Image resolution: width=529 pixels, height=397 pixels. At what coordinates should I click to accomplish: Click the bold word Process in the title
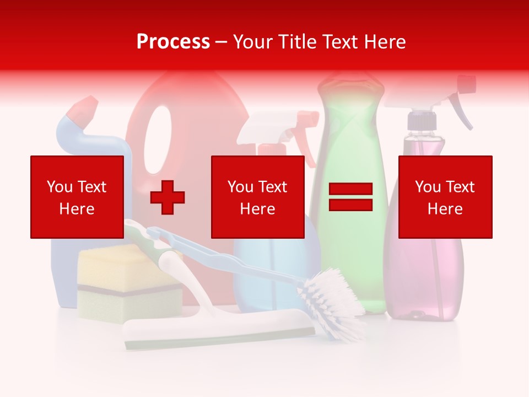[173, 42]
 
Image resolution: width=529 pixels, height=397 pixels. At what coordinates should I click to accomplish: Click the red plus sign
[168, 197]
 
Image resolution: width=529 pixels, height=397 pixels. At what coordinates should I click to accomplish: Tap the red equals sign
[350, 197]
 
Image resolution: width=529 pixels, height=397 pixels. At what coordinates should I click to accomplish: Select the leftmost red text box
[77, 197]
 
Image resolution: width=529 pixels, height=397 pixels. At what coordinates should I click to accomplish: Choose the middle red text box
[257, 197]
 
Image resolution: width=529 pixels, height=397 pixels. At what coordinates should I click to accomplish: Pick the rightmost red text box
[445, 197]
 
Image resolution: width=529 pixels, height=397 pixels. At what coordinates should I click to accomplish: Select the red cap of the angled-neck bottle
[83, 110]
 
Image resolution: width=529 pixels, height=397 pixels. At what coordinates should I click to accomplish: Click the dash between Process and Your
[221, 42]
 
